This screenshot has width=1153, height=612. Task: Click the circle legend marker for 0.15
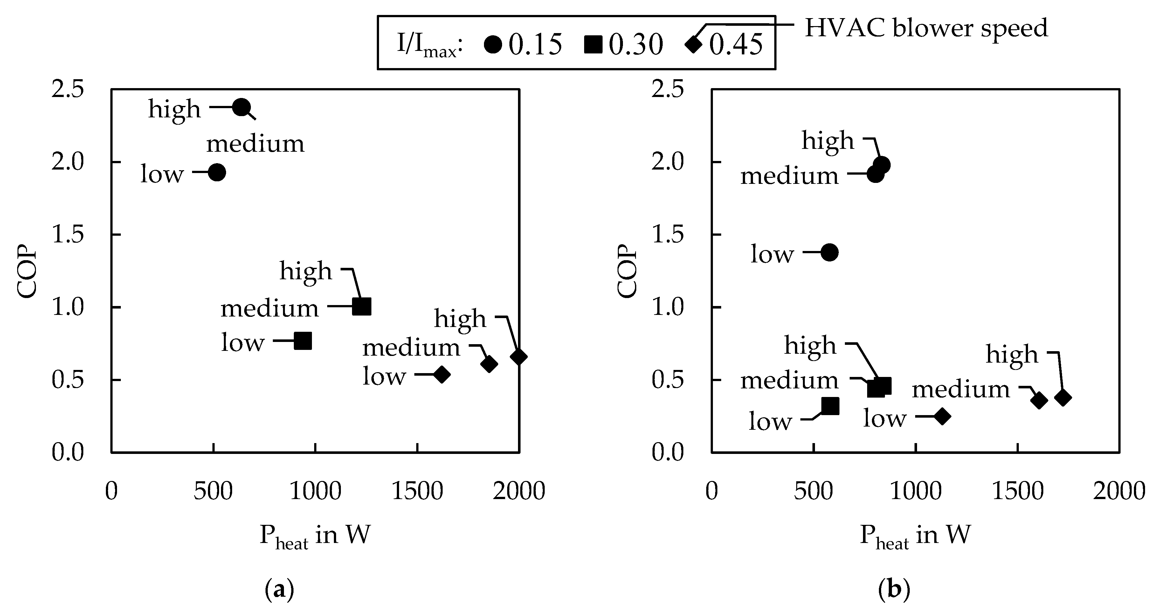click(x=493, y=44)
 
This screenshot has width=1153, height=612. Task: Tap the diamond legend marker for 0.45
click(x=693, y=44)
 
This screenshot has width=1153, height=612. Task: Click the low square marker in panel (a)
click(x=303, y=341)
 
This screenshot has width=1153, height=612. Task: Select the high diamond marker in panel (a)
click(x=519, y=357)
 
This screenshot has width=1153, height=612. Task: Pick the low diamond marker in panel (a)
click(x=442, y=374)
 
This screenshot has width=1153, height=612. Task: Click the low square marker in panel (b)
click(x=830, y=406)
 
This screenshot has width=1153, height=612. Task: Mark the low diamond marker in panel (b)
click(x=942, y=416)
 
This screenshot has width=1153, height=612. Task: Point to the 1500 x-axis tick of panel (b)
click(x=1018, y=491)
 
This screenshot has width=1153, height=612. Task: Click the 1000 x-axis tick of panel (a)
click(x=315, y=491)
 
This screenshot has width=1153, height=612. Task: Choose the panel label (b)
click(x=894, y=590)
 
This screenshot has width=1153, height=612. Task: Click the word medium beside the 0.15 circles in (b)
click(x=789, y=176)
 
